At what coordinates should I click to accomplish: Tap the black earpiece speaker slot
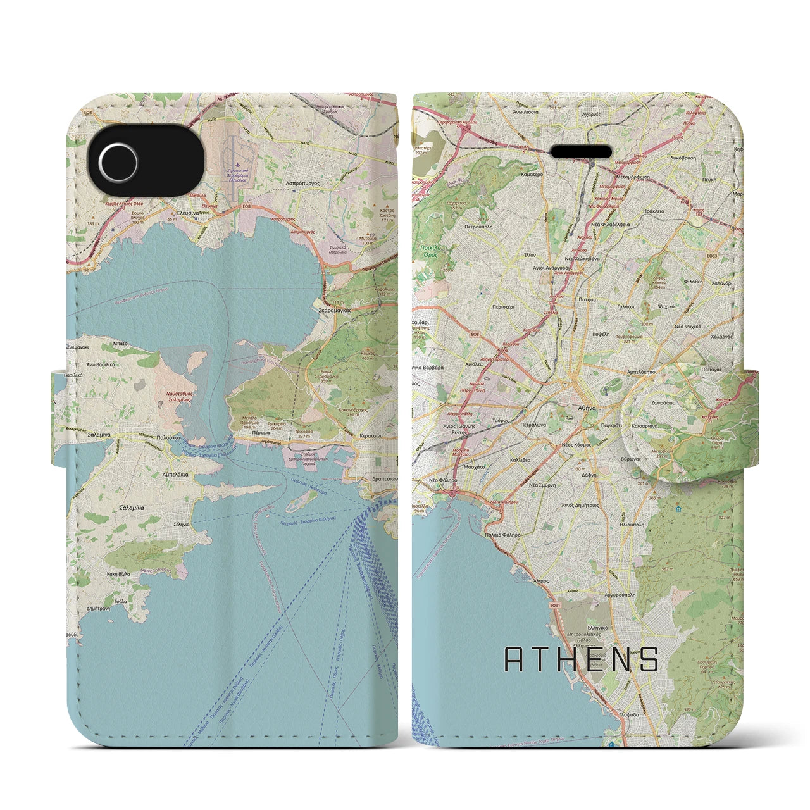point(582,152)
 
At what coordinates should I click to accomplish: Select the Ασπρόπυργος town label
point(301,182)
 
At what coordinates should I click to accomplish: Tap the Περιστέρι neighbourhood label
point(504,307)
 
